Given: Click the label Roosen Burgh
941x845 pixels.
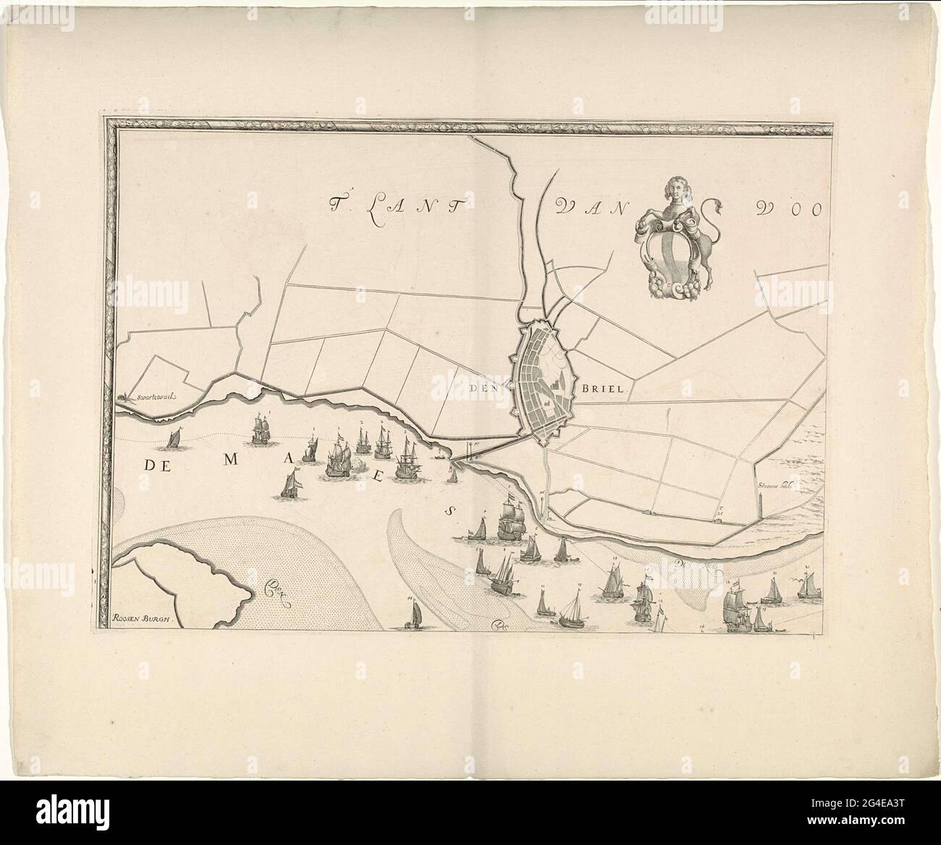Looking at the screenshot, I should tap(145, 618).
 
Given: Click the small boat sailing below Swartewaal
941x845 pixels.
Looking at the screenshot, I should tap(174, 438).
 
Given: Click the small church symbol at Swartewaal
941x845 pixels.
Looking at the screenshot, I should tap(122, 396).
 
